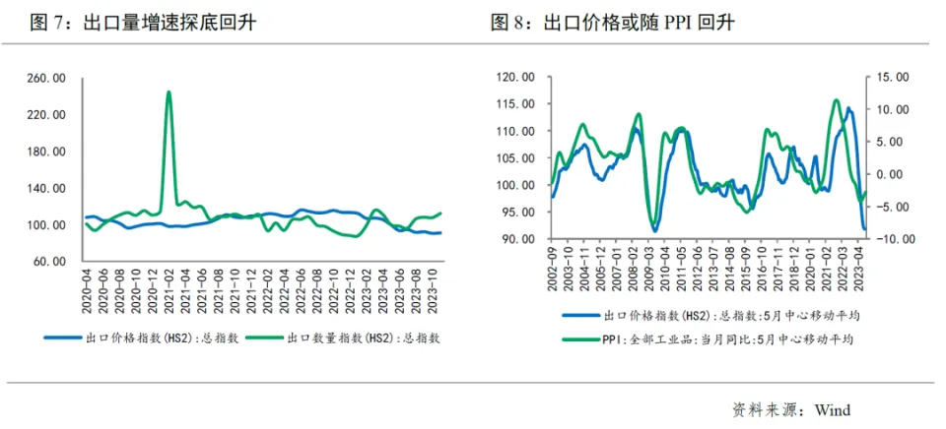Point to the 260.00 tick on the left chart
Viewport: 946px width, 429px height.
(x=46, y=78)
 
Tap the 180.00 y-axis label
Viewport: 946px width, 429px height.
(x=46, y=152)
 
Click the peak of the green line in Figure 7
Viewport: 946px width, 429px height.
(x=169, y=92)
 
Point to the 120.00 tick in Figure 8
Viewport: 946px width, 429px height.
(x=515, y=78)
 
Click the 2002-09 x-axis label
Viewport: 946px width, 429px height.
(x=553, y=264)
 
